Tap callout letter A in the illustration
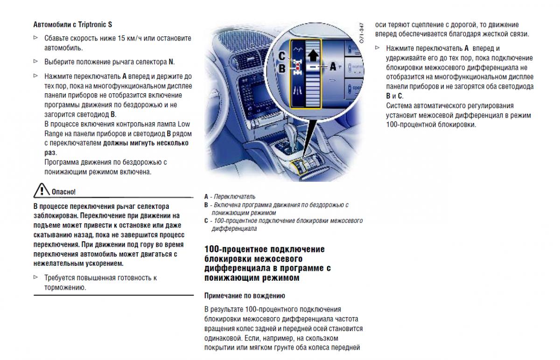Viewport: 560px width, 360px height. tap(333, 67)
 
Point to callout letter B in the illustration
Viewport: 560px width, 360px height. tap(282, 68)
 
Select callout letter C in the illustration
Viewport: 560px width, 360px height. tap(282, 55)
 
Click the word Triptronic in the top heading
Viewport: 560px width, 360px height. tap(90, 24)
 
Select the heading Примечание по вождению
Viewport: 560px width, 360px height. tap(238, 296)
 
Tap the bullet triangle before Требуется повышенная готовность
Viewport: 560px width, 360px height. tap(36, 277)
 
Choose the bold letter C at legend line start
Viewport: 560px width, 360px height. tap(206, 221)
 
